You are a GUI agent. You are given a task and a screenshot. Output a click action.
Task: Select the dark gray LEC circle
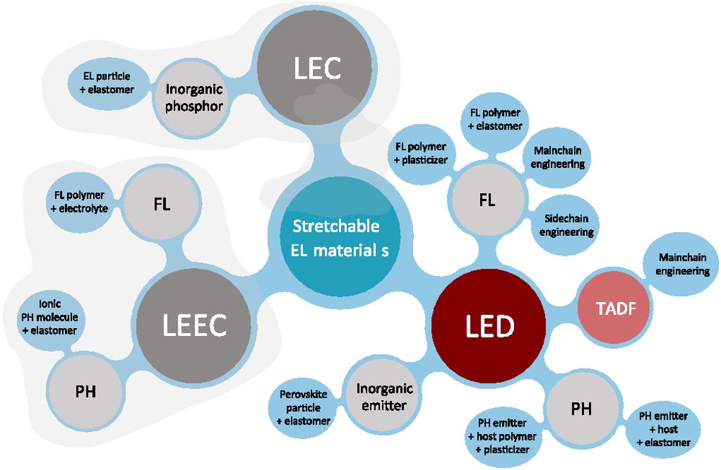point(316,69)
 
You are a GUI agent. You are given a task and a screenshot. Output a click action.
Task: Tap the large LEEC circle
point(193,324)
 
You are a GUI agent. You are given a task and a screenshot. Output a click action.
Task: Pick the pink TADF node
point(613,309)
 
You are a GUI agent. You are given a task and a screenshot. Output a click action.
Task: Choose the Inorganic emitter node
point(385,396)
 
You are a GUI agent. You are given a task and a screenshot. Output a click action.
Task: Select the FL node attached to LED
point(487,200)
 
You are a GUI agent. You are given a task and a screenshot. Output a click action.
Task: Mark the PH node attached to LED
point(581,409)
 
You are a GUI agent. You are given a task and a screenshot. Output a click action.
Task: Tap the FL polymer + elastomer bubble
point(495,119)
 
